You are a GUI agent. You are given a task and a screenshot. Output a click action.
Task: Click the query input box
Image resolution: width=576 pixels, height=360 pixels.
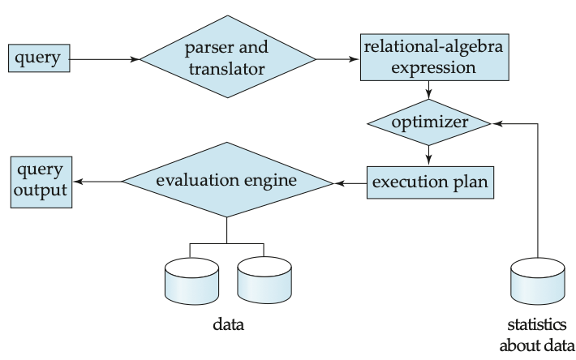tap(39, 58)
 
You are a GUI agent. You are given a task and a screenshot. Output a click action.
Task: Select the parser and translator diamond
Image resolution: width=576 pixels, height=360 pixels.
tap(228, 57)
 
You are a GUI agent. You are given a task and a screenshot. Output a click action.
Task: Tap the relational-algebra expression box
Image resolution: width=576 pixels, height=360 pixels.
tap(435, 58)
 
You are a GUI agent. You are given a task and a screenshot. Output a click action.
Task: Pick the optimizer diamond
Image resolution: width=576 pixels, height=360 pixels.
tap(428, 122)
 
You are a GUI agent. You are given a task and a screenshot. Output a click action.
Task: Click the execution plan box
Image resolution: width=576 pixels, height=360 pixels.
tap(430, 182)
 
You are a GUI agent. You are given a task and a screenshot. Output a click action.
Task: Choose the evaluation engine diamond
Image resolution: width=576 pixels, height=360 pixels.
tap(227, 180)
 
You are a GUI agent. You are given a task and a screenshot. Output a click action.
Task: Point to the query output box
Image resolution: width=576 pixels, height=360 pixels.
tap(41, 182)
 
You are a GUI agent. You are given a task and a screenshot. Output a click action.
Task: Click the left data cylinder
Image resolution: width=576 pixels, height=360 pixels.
tap(191, 281)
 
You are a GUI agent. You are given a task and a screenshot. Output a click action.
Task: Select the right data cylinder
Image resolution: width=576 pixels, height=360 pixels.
tap(264, 280)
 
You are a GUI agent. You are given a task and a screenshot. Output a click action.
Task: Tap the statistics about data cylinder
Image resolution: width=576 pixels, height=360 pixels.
tap(538, 281)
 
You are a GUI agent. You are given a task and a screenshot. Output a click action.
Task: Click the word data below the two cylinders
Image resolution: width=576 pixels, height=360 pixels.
tap(228, 324)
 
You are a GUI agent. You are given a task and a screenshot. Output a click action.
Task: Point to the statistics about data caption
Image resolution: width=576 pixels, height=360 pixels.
tap(537, 335)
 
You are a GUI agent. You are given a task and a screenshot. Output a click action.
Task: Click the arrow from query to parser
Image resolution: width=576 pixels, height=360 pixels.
tap(105, 59)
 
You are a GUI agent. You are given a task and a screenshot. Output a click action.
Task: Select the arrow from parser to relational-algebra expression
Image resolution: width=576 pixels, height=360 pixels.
tap(337, 59)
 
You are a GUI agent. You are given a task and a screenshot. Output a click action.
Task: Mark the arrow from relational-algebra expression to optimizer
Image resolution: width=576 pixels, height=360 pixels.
tap(428, 90)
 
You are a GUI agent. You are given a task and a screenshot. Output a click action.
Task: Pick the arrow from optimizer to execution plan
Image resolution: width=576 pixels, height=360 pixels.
tap(428, 155)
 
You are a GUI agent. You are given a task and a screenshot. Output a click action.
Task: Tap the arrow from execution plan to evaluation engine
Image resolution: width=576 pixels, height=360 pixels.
tap(350, 183)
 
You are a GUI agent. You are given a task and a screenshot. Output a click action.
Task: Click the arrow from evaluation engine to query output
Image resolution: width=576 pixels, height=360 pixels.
tap(97, 182)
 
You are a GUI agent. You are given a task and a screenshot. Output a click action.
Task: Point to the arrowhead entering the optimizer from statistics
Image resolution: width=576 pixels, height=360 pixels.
tap(497, 124)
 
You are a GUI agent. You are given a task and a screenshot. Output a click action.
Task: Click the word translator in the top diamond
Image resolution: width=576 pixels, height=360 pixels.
tap(226, 69)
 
